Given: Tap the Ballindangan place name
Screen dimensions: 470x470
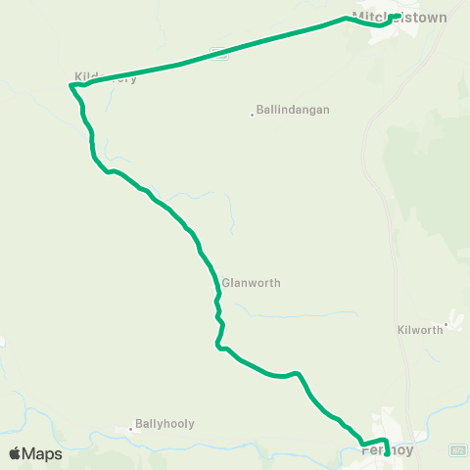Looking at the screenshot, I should click(293, 110).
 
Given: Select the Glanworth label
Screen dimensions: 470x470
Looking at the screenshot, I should click(252, 283).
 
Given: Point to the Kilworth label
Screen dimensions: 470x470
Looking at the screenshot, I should click(421, 330).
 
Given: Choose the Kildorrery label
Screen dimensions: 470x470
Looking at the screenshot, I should click(106, 77).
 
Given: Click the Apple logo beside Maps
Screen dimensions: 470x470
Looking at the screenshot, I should click(15, 453).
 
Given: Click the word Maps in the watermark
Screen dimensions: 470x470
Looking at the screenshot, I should click(43, 453).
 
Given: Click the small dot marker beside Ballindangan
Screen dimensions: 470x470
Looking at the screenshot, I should click(252, 113).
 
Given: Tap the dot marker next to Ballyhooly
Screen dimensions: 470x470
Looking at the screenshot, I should click(129, 427).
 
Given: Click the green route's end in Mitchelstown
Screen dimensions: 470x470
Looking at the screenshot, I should click(395, 16).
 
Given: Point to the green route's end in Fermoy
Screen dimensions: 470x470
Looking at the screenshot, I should click(386, 453).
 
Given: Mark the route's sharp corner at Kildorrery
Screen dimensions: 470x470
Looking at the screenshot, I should click(71, 85).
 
